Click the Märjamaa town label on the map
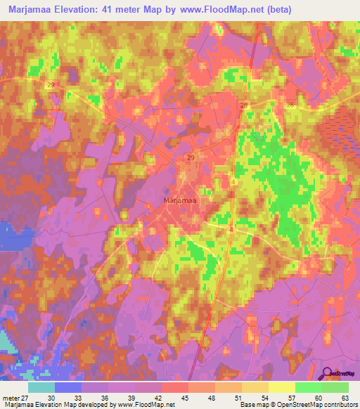pos(179,200)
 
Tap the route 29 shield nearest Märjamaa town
pos(191,159)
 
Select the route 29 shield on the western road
pos(51,84)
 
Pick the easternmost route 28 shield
pos(290,104)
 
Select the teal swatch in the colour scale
pos(41,387)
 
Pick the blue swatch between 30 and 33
pos(68,387)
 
